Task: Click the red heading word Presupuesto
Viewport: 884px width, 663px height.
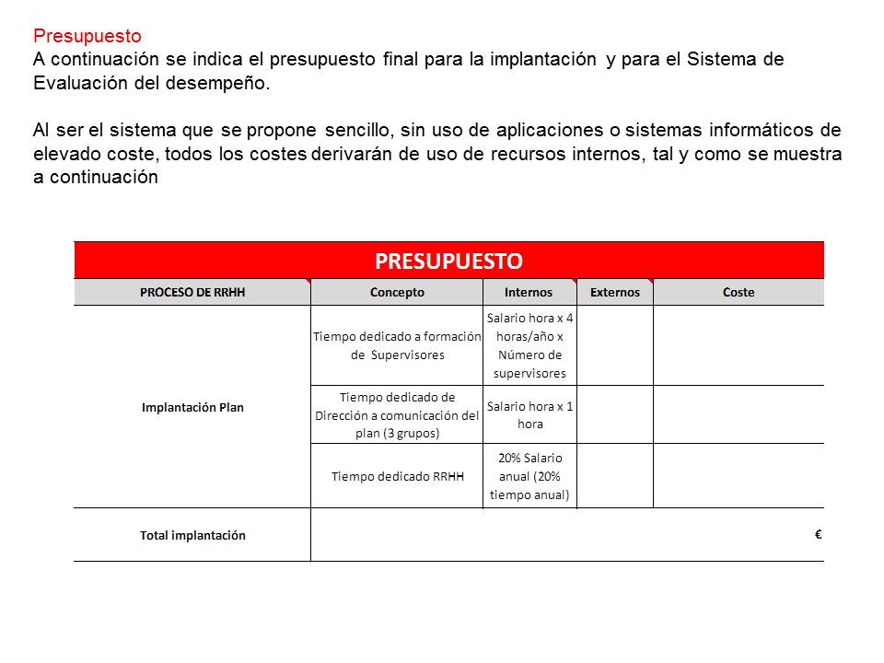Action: coord(87,37)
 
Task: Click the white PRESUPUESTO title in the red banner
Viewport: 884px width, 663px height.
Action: coord(448,261)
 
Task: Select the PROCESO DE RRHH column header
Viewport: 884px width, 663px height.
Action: coord(192,293)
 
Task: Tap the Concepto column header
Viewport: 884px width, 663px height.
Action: coord(397,293)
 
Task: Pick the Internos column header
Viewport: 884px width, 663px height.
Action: coord(529,293)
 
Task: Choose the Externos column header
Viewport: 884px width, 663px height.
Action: coord(614,293)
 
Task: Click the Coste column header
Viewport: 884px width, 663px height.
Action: coord(739,293)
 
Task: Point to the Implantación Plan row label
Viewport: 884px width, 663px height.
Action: coord(192,407)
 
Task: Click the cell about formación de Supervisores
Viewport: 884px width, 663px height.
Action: coord(397,345)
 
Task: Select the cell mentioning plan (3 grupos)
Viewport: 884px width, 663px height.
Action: coord(397,415)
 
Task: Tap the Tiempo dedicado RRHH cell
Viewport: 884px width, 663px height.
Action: coord(397,477)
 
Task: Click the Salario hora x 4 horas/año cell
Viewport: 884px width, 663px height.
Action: coord(529,345)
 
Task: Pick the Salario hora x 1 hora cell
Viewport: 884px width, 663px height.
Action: coord(529,415)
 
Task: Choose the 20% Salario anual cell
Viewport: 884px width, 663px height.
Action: coord(529,476)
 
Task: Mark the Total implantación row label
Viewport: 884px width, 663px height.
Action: coord(192,535)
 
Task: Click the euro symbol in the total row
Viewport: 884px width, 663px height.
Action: coord(818,534)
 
